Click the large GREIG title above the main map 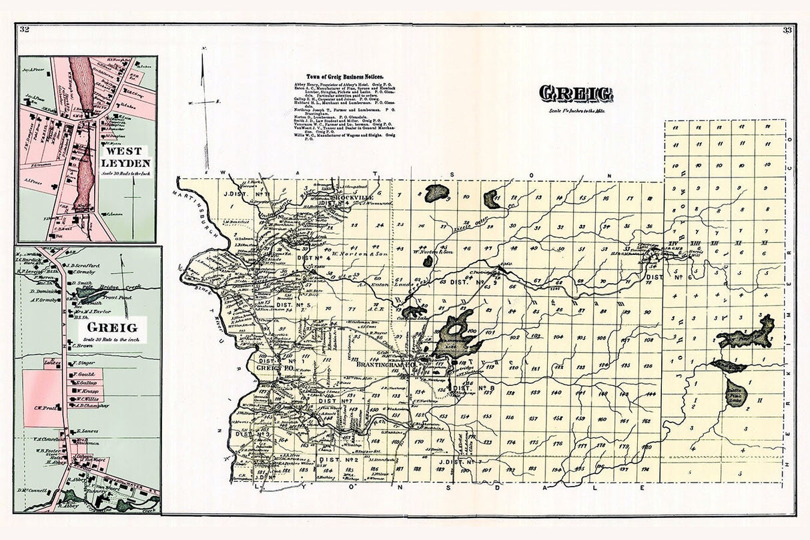tap(576, 94)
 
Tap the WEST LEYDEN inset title tap(126, 157)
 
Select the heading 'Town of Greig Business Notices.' tap(344, 77)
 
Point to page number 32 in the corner tap(25, 29)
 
